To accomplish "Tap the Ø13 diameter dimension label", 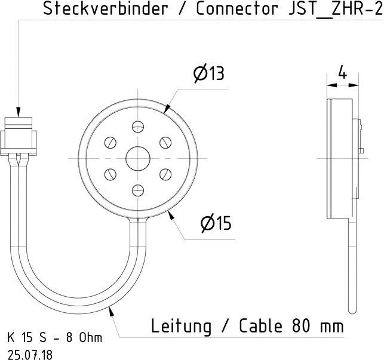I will click(208, 74).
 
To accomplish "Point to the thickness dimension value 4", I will click(342, 73).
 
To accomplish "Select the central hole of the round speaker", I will click(138, 158).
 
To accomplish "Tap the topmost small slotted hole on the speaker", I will click(138, 127).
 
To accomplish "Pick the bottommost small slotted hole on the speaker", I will click(138, 190).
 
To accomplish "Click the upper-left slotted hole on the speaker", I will click(110, 143).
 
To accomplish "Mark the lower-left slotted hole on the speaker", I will click(110, 174).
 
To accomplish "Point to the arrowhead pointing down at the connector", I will click(19, 111).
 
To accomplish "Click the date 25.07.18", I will click(30, 353).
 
